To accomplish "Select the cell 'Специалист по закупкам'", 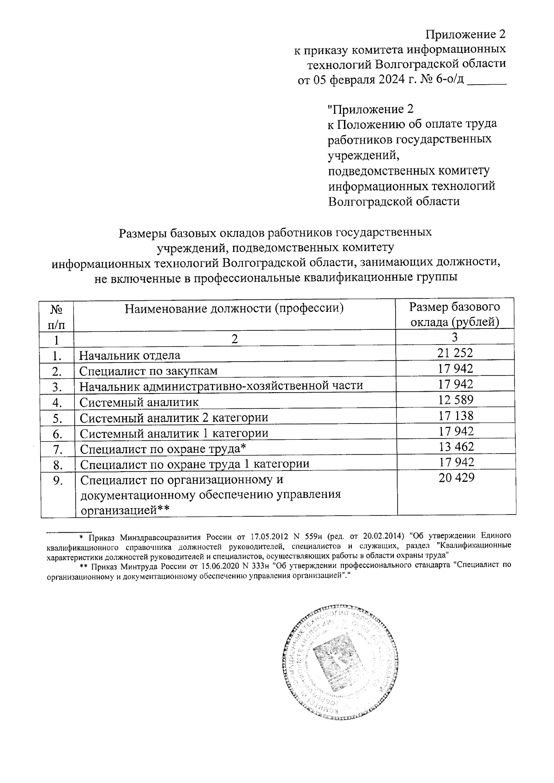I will click(x=148, y=371).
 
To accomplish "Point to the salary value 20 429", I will click(x=456, y=478).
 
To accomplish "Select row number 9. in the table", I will click(x=57, y=480).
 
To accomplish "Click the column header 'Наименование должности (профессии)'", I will click(x=235, y=308).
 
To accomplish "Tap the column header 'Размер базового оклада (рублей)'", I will click(x=455, y=314).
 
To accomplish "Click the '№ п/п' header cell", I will click(x=56, y=316).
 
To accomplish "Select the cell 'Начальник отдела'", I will click(x=130, y=355).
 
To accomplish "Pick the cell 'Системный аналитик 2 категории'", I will click(x=174, y=418).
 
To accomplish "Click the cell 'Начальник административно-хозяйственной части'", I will click(x=221, y=386).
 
